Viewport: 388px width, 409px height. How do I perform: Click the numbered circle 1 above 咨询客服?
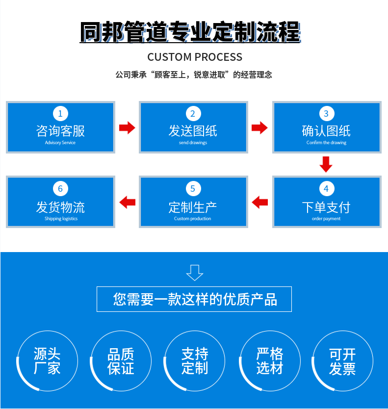[x=60, y=114]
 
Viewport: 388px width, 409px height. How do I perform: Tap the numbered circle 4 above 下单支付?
[x=326, y=189]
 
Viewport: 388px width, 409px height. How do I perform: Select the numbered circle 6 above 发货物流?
[x=60, y=189]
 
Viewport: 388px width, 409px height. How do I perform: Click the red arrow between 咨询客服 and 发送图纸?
[x=127, y=128]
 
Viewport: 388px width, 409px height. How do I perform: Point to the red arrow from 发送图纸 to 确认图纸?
[x=259, y=128]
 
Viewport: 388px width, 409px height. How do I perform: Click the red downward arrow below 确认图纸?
[x=326, y=164]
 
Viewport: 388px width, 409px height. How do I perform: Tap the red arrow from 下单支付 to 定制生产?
[x=259, y=202]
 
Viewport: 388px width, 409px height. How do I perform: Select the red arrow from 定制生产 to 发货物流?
[x=127, y=202]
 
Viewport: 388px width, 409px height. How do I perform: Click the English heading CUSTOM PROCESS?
[x=195, y=57]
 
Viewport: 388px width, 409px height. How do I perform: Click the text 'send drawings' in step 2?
[x=193, y=143]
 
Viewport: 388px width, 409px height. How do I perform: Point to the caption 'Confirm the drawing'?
[x=326, y=143]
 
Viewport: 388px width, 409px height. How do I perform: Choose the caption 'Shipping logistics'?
[x=61, y=219]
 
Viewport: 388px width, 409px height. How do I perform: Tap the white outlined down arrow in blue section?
[x=195, y=272]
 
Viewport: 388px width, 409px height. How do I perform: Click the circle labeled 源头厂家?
[x=47, y=361]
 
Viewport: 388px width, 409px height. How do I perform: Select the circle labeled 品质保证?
[x=121, y=361]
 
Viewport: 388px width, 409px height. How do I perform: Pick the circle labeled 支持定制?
[x=195, y=361]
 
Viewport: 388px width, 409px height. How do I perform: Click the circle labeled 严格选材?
[x=269, y=361]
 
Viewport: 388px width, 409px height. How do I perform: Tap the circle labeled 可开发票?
[x=342, y=361]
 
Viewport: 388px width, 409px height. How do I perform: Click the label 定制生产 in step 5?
[x=193, y=207]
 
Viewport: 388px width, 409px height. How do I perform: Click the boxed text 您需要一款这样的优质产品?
[x=194, y=299]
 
